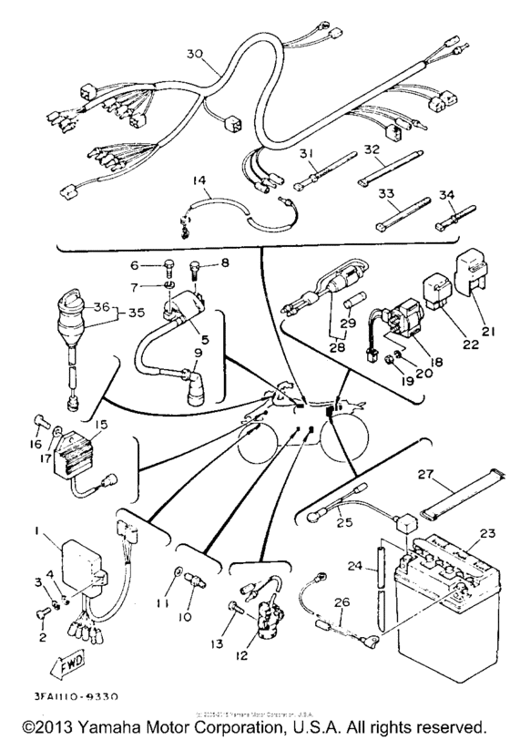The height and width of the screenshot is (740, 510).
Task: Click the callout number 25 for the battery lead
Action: (x=342, y=523)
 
